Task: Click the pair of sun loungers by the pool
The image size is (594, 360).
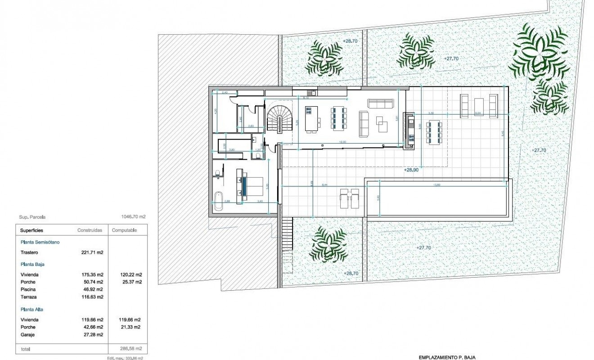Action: pos(349,198)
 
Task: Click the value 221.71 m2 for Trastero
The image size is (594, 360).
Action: pos(93,253)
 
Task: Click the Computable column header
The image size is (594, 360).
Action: pos(124,230)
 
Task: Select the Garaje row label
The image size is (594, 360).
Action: pos(27,334)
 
